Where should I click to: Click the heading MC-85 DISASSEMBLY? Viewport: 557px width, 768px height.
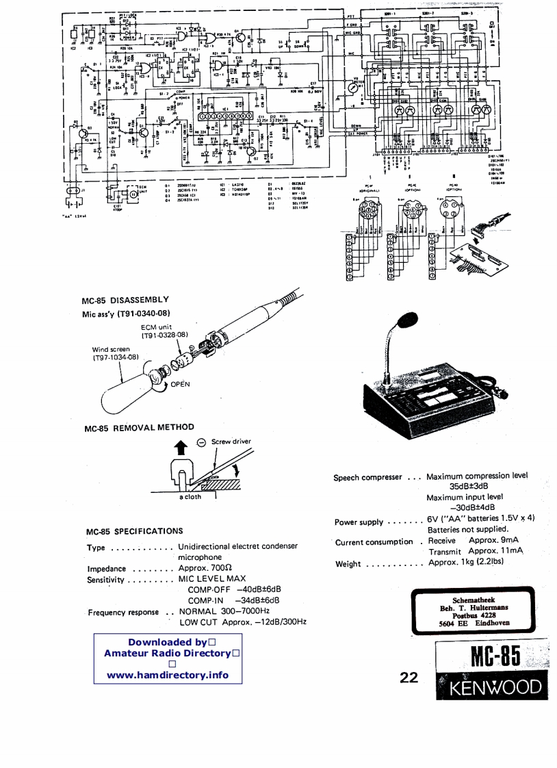(x=125, y=300)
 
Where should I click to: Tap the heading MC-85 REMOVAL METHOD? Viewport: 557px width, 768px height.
(x=139, y=428)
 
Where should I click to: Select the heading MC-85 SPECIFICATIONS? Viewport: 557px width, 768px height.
(x=134, y=531)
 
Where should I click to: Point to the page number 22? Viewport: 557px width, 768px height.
(x=409, y=678)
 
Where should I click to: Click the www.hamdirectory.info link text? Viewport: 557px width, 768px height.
(x=168, y=675)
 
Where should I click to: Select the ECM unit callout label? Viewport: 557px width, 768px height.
(x=157, y=327)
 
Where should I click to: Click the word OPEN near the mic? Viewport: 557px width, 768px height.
(x=180, y=384)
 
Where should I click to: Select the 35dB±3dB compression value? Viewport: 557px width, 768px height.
(x=468, y=487)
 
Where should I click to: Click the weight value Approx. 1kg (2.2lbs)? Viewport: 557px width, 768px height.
(x=466, y=563)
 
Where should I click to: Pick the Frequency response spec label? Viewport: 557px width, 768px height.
(x=123, y=612)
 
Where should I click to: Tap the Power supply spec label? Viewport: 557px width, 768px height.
(x=359, y=523)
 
